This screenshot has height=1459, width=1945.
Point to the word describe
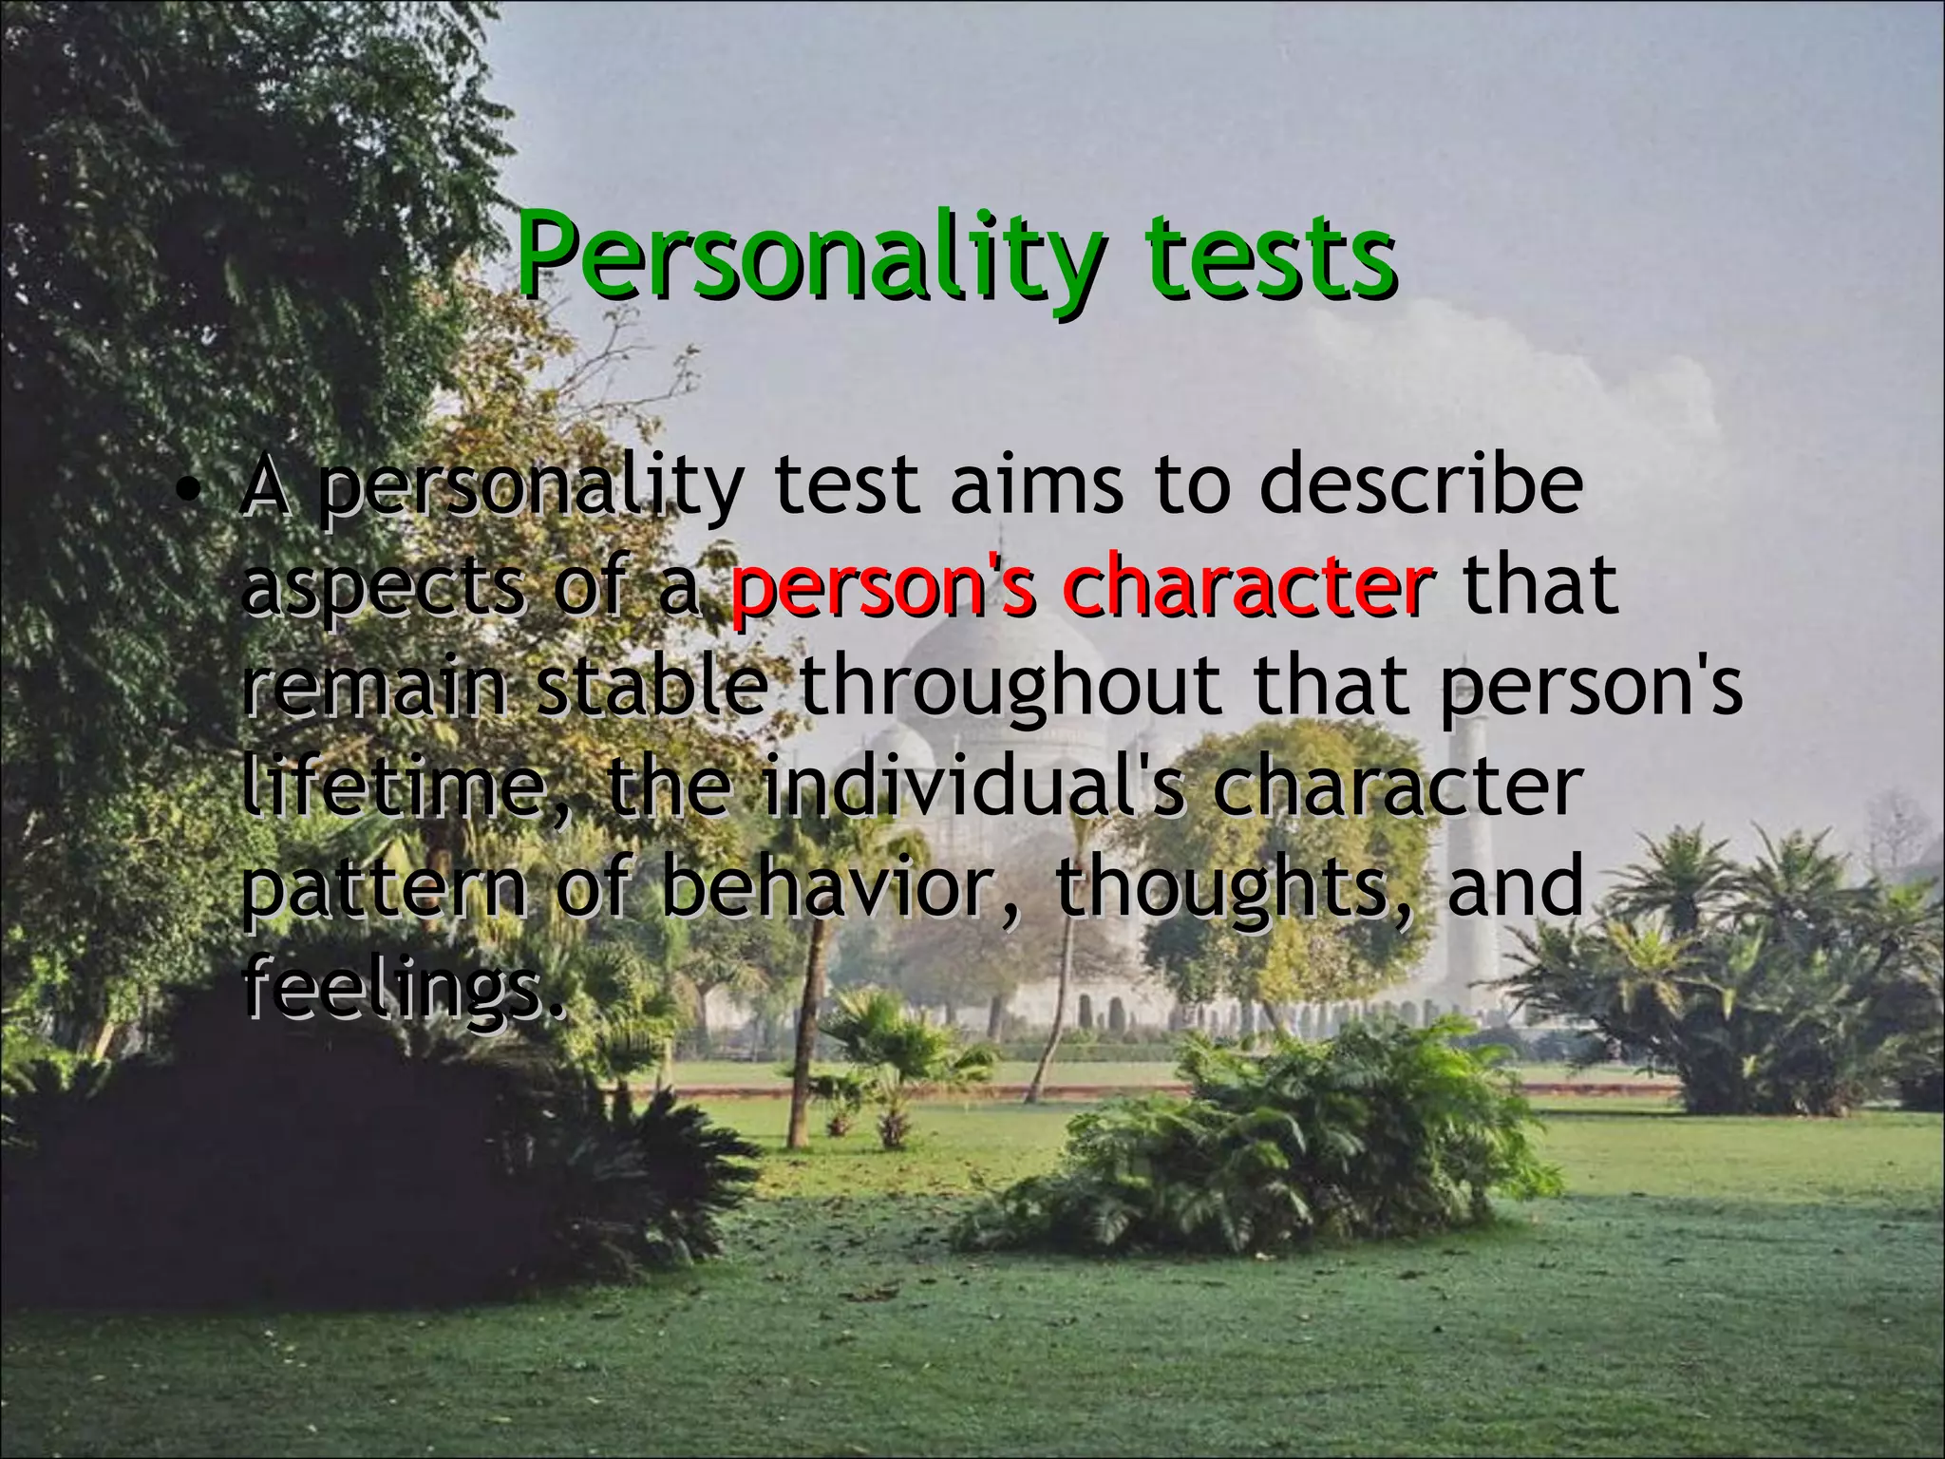1421,484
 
